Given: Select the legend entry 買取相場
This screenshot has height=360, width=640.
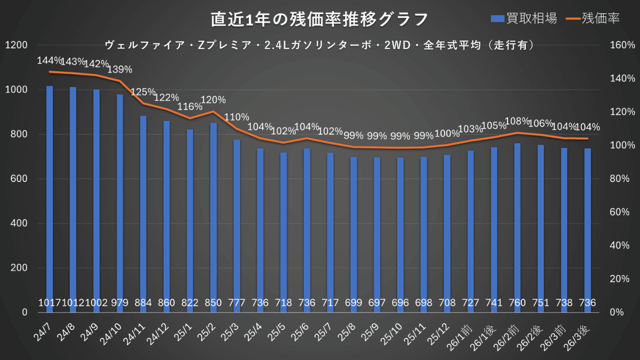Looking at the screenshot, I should [523, 18].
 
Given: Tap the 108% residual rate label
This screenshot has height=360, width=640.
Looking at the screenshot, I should [517, 121].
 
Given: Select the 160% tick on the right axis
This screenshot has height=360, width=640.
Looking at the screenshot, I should [622, 45].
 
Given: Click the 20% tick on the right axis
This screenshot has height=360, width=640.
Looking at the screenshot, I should [620, 279].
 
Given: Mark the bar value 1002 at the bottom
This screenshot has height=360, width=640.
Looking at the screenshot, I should [96, 302].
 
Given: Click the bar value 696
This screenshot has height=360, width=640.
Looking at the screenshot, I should [400, 302].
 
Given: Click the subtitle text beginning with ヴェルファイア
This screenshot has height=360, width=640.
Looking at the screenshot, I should [320, 45].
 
